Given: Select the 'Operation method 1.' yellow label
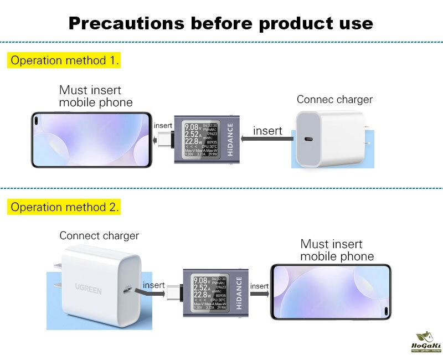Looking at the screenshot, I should [x=65, y=60].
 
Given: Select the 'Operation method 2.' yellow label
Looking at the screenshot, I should [x=65, y=208].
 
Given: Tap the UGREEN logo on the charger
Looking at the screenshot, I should [x=89, y=289].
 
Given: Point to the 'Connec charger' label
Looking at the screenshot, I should [x=334, y=100].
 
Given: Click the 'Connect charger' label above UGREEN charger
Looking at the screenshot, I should [x=99, y=236].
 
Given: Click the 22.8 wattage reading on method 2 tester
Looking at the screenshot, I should [x=202, y=295].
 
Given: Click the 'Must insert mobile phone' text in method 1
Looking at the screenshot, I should [x=96, y=96].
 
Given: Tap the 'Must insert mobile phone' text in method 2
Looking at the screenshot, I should [x=337, y=250].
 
